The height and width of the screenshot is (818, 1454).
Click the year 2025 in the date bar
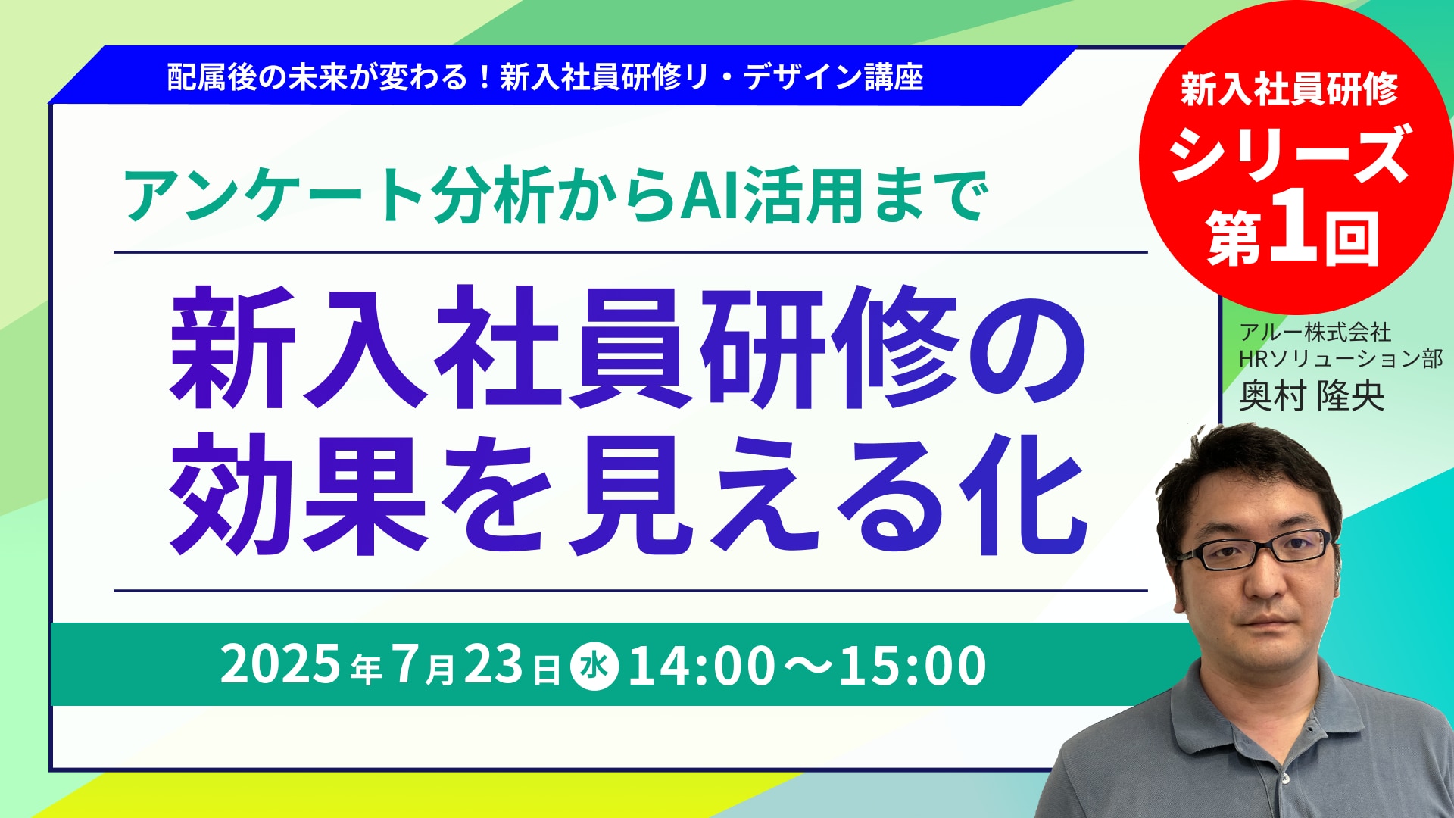pyautogui.click(x=280, y=664)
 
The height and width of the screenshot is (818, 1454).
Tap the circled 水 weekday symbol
pyautogui.click(x=594, y=666)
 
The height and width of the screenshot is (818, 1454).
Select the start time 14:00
pyautogui.click(x=701, y=666)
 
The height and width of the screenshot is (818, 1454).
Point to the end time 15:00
pyautogui.click(x=913, y=666)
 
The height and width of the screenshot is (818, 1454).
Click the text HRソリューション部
pyautogui.click(x=1341, y=358)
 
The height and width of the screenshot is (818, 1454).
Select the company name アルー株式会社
pyautogui.click(x=1315, y=332)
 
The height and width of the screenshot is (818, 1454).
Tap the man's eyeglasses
pyautogui.click(x=1255, y=551)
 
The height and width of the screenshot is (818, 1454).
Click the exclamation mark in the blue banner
pyautogui.click(x=484, y=77)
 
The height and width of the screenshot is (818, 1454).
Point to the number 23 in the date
pyautogui.click(x=493, y=664)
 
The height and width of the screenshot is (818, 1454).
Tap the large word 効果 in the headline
pyautogui.click(x=298, y=495)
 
